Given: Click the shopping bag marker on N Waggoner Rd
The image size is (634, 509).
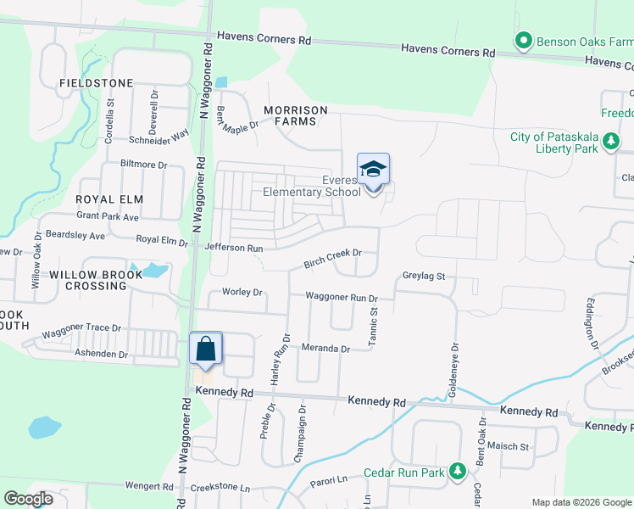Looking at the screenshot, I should pos(206,349).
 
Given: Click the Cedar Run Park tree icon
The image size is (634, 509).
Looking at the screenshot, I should pos(458,472).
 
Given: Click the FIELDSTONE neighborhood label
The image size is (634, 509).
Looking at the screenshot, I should pos(97,83).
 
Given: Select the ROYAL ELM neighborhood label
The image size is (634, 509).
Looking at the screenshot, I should pos(109,199).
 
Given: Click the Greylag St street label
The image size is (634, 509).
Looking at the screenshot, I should pos(424,277).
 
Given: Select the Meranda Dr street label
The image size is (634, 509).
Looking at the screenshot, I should pos(325,349).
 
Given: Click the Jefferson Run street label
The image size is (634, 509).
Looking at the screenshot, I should pos(234,248).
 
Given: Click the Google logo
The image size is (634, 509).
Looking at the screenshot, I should pos(28,498).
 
